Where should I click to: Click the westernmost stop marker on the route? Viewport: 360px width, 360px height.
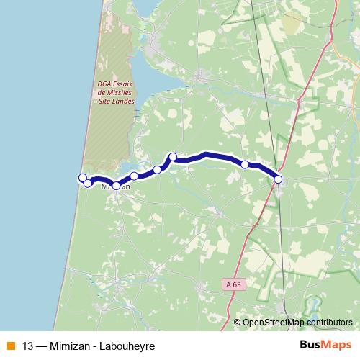coord(82,178)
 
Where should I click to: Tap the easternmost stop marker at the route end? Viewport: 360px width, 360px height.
coord(279,179)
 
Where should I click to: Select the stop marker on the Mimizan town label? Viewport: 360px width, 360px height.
coord(116,186)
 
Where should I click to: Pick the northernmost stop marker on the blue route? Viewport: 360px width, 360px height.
coord(173,156)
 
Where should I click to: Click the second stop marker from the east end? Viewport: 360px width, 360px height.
coord(245,165)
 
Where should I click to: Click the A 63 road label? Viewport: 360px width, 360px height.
coord(231,285)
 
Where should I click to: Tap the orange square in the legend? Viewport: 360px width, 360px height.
coord(9,346)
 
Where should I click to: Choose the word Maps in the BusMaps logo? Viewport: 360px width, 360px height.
coord(338,345)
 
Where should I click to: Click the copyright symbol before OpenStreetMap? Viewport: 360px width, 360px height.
coord(238,322)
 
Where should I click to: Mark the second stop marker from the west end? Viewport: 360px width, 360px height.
coord(88,183)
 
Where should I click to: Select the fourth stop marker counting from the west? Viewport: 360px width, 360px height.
coord(134,176)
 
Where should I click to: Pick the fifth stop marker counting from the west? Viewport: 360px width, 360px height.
coord(157,170)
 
